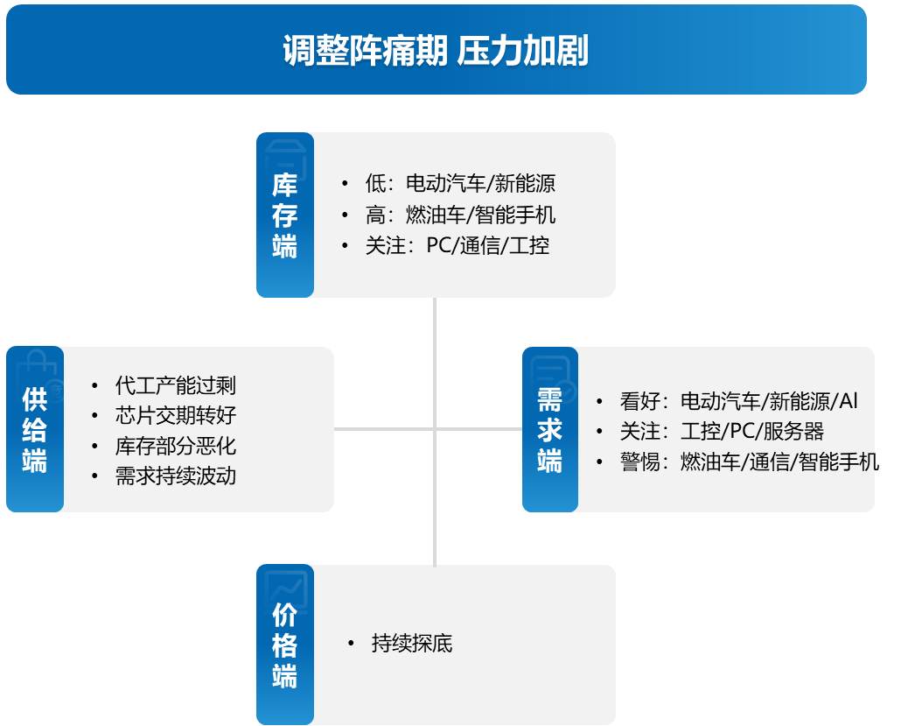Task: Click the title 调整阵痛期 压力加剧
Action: coord(436,51)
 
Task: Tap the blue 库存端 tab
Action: coord(285,215)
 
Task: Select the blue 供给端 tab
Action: coord(35,429)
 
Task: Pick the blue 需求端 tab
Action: coord(550,429)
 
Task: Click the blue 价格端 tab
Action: coord(285,645)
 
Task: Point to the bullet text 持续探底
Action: coord(412,643)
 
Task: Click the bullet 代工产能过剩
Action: coord(176,385)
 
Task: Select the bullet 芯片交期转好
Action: coord(176,415)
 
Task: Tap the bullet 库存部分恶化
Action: coord(176,446)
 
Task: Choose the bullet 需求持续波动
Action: coord(176,476)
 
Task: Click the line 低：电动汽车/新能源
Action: coord(460,183)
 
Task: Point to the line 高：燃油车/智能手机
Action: coord(460,215)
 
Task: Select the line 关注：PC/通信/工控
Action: coord(457,245)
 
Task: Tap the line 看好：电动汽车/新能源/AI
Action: coord(739,401)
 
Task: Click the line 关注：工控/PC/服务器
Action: coord(723,432)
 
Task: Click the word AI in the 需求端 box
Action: coord(849,401)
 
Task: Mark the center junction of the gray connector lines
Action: coord(435,429)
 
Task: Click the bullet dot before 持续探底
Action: coord(351,643)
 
